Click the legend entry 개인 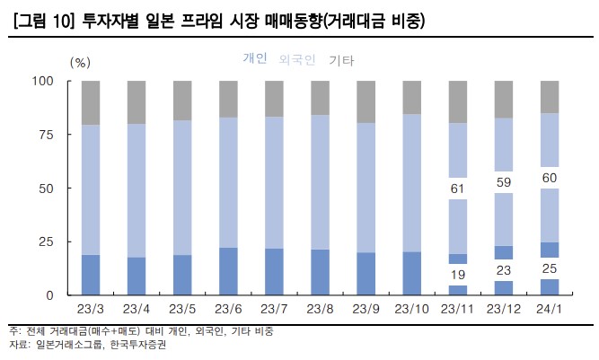(255, 59)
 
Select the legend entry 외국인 (297, 60)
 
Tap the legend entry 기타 (341, 60)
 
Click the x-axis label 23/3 (90, 310)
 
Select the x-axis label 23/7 (274, 310)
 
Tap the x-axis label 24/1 (550, 310)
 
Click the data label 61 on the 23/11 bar (457, 189)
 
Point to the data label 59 (503, 182)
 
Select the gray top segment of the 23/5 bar (181, 101)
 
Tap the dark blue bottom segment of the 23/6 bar (227, 271)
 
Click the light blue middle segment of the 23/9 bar (366, 188)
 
